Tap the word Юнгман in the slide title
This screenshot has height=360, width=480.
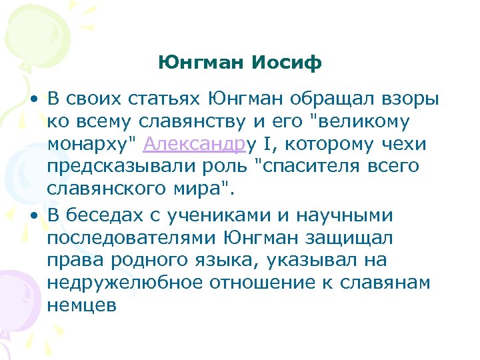pyautogui.click(x=203, y=63)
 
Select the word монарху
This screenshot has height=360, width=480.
pyautogui.click(x=89, y=144)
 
